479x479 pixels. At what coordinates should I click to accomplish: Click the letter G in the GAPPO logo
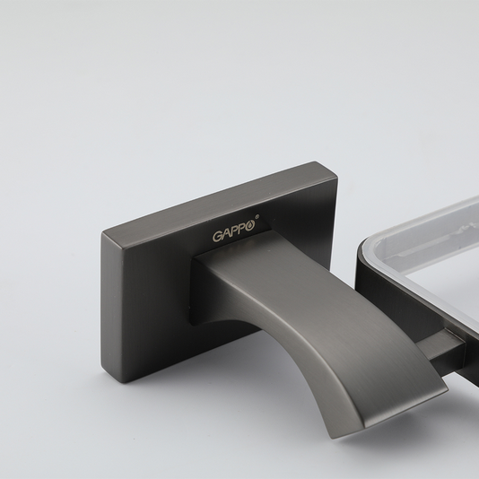pos(218,236)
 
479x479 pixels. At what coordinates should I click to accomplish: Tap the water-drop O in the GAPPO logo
pos(250,226)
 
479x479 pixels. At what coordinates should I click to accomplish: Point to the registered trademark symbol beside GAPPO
pos(257,216)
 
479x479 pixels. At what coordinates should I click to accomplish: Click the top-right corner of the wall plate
pos(337,175)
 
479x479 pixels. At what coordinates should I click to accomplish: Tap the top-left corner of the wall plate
pos(102,234)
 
